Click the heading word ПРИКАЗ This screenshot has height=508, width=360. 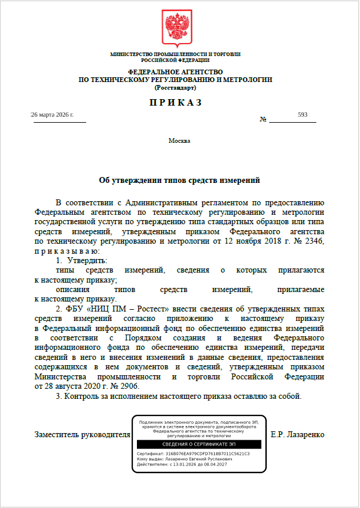coord(175,102)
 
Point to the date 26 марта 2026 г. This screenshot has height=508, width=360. coord(53,114)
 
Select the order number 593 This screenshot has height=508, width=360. coord(303,114)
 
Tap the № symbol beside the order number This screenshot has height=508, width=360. coord(263,119)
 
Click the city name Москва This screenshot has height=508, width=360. coord(179,140)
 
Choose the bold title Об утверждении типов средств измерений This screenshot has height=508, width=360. coord(179,180)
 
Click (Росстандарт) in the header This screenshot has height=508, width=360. coord(175,87)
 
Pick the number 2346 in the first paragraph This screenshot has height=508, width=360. coord(313,242)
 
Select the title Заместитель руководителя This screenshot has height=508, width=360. coord(83,435)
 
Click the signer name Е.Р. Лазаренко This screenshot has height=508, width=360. coord(297,435)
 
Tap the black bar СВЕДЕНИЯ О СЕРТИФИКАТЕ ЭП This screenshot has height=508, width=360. coord(198,444)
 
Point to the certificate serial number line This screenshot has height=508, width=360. coord(193,454)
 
